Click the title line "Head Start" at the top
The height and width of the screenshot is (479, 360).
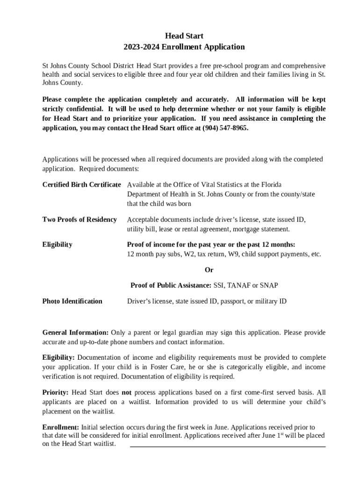[184, 36]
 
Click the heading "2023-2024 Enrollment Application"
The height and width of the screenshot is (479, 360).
[184, 47]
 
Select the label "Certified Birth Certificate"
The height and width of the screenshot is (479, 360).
[82, 184]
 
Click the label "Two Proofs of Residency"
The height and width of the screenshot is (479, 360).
[79, 219]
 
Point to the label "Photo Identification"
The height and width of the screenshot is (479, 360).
[72, 301]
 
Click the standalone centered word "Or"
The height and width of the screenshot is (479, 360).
[209, 270]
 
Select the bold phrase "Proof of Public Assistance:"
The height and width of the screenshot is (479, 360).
[171, 285]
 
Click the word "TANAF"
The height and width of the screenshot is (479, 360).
[240, 285]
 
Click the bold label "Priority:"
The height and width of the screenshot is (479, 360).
[56, 392]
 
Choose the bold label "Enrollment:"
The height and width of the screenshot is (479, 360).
[61, 427]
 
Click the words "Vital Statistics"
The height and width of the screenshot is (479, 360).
[211, 184]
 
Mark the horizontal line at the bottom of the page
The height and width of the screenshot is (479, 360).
[227, 447]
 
